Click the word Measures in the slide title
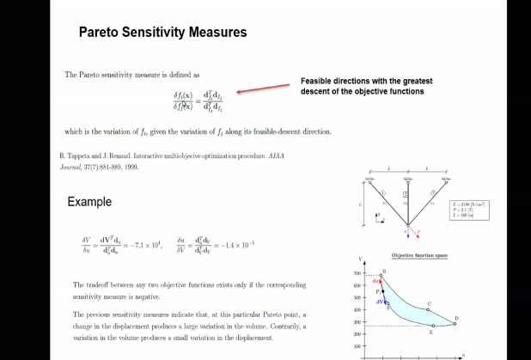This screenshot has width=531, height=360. [216, 33]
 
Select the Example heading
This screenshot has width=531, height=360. [89, 202]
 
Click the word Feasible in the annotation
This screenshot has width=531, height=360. [315, 81]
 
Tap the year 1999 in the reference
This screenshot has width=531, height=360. [129, 168]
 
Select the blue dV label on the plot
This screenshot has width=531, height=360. [379, 302]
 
